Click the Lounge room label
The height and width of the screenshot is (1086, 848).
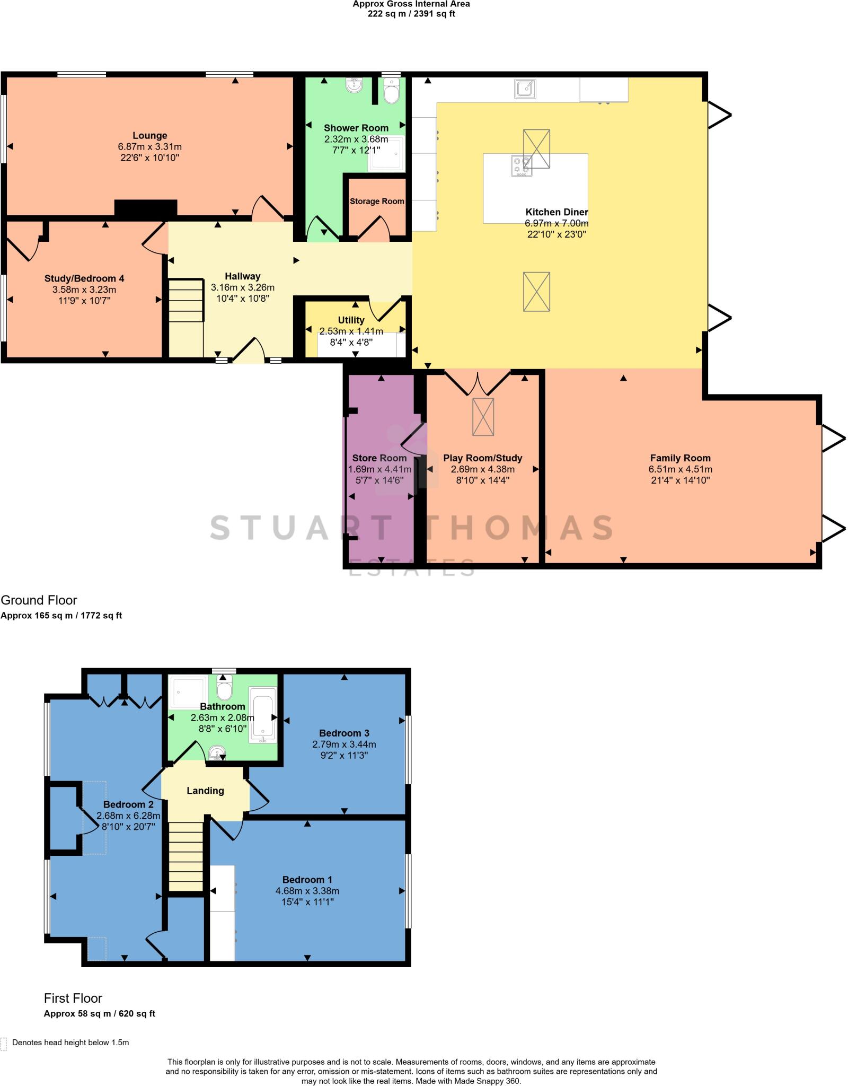[x=150, y=136]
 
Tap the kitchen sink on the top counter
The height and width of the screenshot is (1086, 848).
[x=525, y=89]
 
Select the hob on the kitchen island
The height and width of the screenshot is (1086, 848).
[x=521, y=165]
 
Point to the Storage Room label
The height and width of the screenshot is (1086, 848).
[x=377, y=202]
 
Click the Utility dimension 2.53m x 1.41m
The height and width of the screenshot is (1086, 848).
[x=351, y=331]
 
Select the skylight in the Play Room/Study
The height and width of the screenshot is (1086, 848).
[x=483, y=417]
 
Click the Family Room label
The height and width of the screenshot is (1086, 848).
[x=680, y=458]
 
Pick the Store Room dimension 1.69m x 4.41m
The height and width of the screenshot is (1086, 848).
[x=379, y=469]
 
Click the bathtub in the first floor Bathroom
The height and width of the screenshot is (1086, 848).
[x=263, y=713]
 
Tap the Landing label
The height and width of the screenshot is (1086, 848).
[x=205, y=791]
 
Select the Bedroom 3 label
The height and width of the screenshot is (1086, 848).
[x=344, y=733]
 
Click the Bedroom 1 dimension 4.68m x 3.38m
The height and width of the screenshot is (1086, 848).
[x=307, y=891]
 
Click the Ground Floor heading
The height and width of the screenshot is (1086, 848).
[x=39, y=600]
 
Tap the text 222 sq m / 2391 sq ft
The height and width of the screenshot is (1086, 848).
[x=411, y=14]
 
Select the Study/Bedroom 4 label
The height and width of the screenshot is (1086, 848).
[x=84, y=278]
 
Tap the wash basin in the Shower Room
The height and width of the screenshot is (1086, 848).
[x=353, y=85]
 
